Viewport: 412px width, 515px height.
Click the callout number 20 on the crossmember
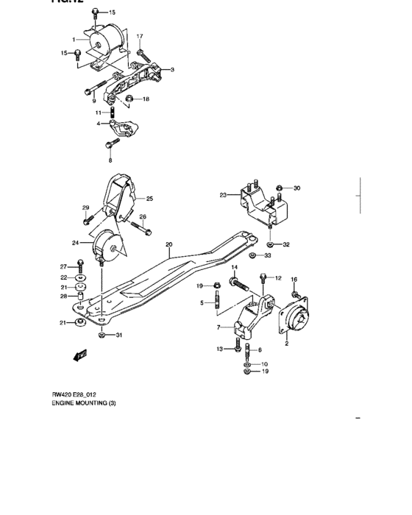click(168, 244)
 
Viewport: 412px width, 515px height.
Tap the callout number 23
click(222, 195)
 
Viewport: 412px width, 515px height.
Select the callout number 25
click(149, 198)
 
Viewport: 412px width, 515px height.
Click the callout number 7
click(219, 327)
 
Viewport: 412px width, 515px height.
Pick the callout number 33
click(267, 255)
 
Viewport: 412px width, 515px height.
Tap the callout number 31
click(120, 335)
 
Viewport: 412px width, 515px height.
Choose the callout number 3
click(171, 70)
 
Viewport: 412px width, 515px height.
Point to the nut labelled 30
click(280, 188)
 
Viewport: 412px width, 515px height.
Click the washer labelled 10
click(247, 364)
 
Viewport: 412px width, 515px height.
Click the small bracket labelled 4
click(127, 129)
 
